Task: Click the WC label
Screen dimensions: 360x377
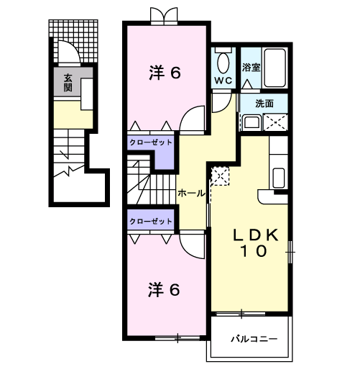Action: [x=223, y=81]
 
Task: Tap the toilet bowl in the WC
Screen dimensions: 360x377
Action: [x=223, y=63]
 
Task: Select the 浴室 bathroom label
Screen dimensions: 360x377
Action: [x=251, y=68]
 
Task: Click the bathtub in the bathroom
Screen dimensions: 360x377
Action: [x=274, y=68]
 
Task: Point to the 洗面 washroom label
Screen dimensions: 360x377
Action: [x=264, y=104]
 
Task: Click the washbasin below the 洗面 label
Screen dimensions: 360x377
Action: [x=251, y=122]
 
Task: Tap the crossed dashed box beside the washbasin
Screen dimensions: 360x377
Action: [x=275, y=122]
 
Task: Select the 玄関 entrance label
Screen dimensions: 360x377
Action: [x=68, y=83]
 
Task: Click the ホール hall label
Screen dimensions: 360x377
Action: [x=191, y=193]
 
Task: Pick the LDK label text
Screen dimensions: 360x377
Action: [x=256, y=235]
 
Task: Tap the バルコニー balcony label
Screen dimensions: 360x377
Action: [x=254, y=340]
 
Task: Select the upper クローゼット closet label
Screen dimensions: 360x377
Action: [x=151, y=142]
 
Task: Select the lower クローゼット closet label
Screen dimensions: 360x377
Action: [x=151, y=221]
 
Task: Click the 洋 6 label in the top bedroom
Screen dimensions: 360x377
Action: [x=165, y=73]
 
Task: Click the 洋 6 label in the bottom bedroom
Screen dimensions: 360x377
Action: [x=164, y=290]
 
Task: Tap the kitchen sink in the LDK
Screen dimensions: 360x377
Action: [x=279, y=178]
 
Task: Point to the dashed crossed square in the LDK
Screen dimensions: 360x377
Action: [x=220, y=176]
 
